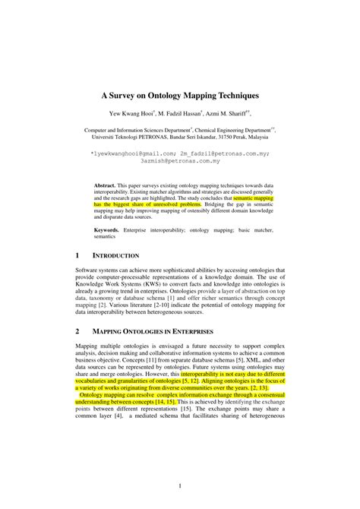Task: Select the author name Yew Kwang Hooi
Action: [131, 115]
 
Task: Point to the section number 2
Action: [77, 332]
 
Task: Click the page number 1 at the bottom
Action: [179, 485]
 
